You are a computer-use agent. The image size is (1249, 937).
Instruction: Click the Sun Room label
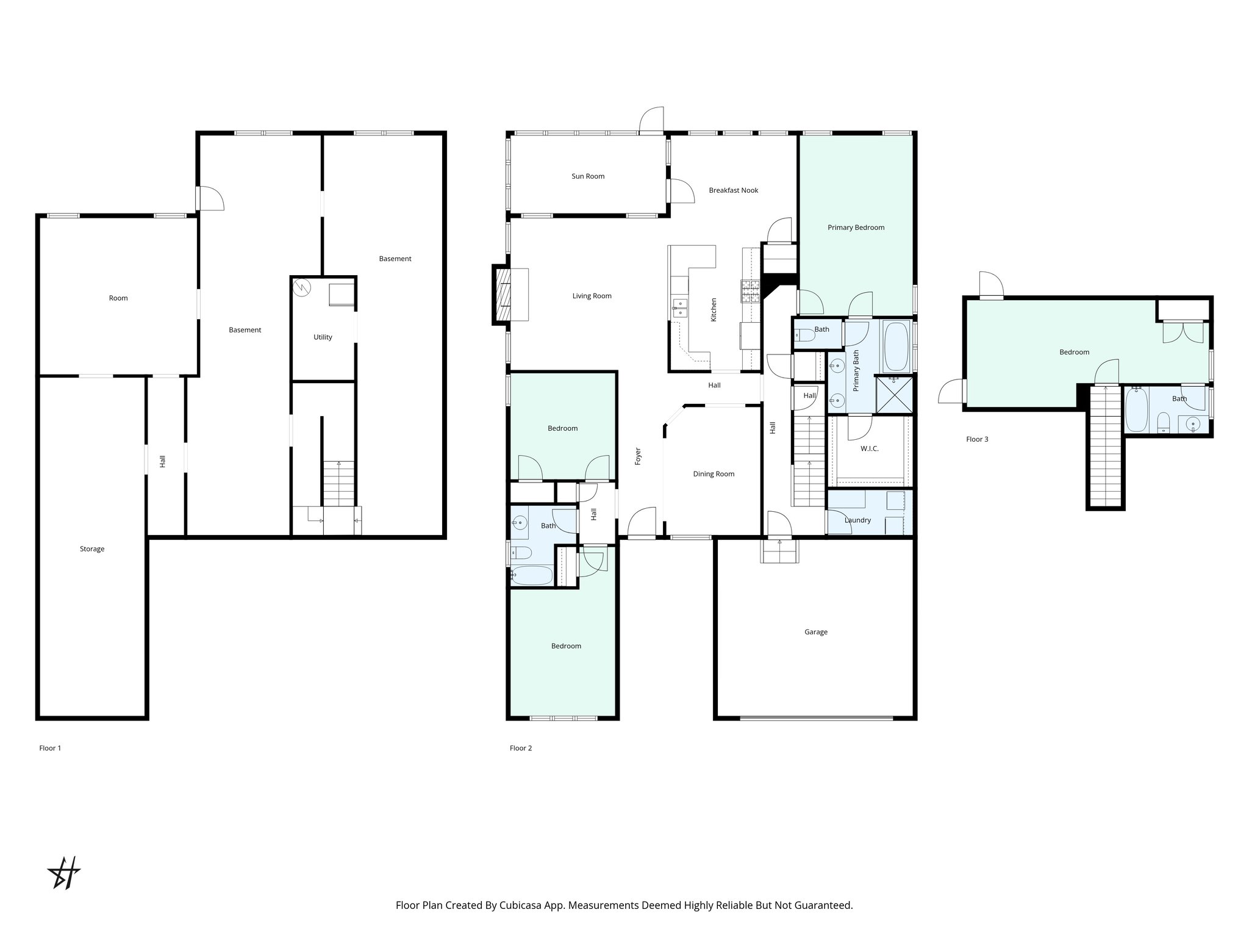pyautogui.click(x=588, y=176)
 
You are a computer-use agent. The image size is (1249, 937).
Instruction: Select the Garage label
pyautogui.click(x=815, y=632)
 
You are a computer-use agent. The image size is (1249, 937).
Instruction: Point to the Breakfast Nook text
pyautogui.click(x=733, y=190)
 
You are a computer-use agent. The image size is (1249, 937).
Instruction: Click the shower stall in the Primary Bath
pyautogui.click(x=894, y=395)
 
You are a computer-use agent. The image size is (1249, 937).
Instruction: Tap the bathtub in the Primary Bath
pyautogui.click(x=895, y=346)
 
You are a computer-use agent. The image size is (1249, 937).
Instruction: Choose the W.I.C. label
pyautogui.click(x=869, y=448)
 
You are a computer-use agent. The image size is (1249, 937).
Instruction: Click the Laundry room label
pyautogui.click(x=857, y=520)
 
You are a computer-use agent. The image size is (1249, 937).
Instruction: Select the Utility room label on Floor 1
pyautogui.click(x=323, y=337)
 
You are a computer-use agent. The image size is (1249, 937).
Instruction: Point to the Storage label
pyautogui.click(x=92, y=549)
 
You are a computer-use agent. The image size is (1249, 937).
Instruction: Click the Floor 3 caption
pyautogui.click(x=977, y=439)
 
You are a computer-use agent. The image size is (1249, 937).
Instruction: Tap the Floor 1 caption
pyautogui.click(x=50, y=748)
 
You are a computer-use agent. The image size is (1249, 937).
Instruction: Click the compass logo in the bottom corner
pyautogui.click(x=64, y=873)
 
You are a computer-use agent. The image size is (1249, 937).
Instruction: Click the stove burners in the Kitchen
pyautogui.click(x=751, y=291)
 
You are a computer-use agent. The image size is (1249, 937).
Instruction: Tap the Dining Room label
pyautogui.click(x=714, y=474)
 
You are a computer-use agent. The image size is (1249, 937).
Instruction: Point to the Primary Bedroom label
pyautogui.click(x=856, y=228)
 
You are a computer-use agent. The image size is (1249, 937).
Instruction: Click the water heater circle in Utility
pyautogui.click(x=302, y=287)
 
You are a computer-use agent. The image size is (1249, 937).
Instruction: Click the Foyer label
pyautogui.click(x=638, y=456)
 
